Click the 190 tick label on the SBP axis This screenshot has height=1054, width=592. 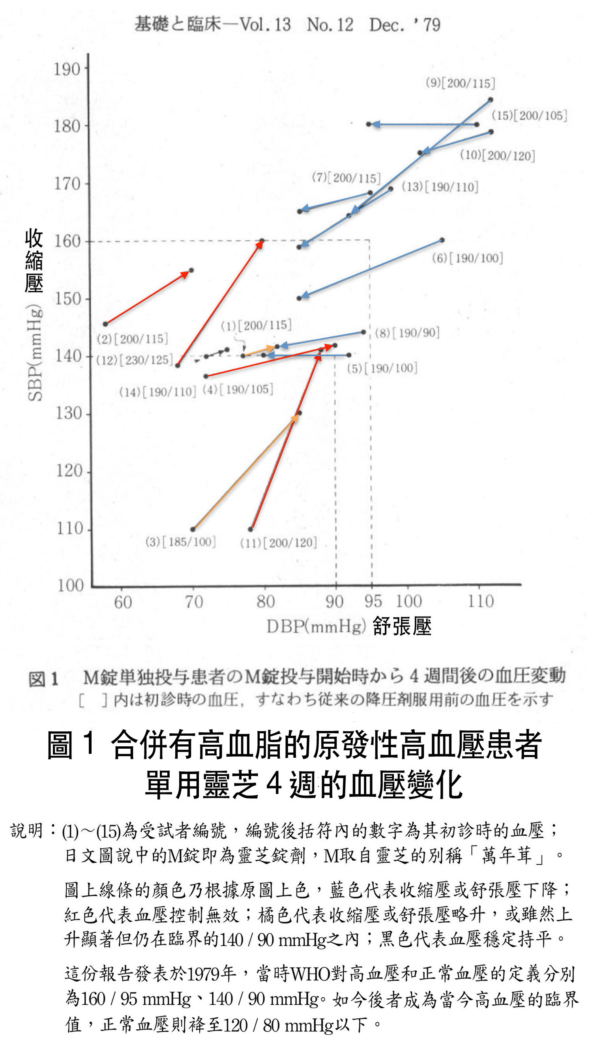click(x=67, y=69)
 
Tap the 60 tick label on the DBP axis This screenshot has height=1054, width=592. click(x=123, y=602)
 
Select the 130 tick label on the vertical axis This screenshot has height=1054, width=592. click(x=69, y=413)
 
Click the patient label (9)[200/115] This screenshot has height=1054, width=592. click(x=460, y=83)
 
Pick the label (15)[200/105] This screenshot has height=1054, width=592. click(x=529, y=116)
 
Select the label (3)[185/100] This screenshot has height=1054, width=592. click(x=180, y=542)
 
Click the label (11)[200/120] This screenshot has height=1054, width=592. click(x=278, y=543)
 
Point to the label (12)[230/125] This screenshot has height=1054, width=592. click(x=135, y=360)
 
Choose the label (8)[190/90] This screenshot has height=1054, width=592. click(x=407, y=333)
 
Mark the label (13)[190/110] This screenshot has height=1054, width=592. click(x=440, y=187)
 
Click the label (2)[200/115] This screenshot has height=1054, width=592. click(x=132, y=339)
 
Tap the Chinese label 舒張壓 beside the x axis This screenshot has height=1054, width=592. click(x=402, y=626)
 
